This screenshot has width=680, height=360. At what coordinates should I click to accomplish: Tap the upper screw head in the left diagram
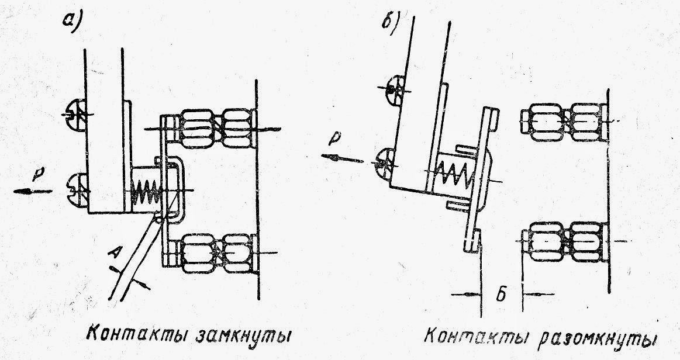[75, 115]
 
